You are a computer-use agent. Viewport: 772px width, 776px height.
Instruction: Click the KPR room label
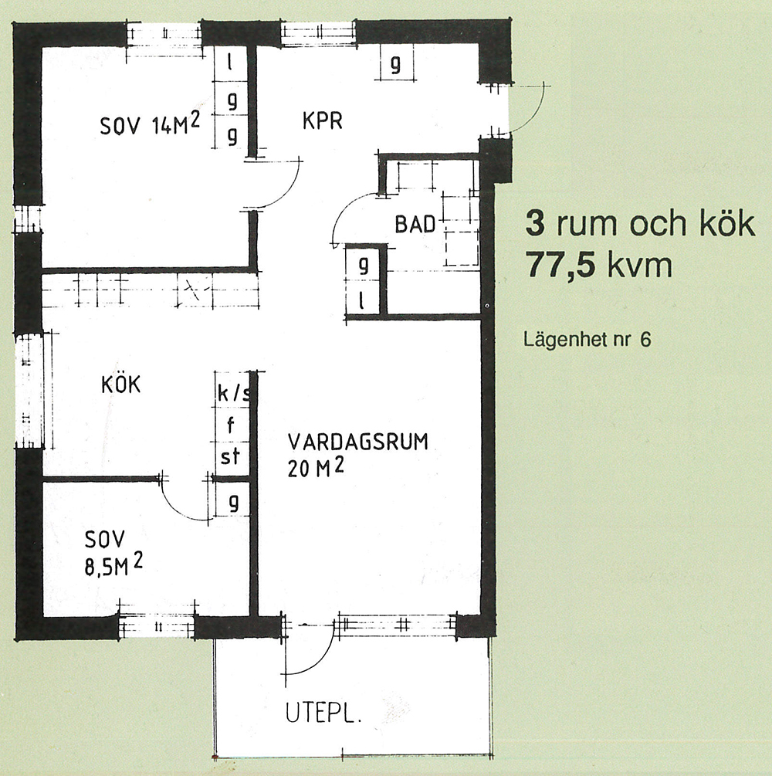pos(322,121)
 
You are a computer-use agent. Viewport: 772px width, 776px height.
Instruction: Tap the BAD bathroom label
pos(415,224)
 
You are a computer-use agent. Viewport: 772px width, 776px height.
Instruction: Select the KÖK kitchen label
pos(120,384)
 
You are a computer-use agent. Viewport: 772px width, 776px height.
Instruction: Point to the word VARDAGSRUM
pos(357,442)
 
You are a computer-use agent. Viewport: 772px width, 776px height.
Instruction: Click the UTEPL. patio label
pos(323,713)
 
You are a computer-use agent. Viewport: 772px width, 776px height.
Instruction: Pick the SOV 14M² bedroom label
pos(150,124)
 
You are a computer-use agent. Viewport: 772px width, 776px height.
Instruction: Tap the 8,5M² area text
pos(113,564)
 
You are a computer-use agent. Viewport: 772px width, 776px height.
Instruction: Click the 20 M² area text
pos(315,468)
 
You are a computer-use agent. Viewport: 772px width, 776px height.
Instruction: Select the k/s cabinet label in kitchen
pos(234,393)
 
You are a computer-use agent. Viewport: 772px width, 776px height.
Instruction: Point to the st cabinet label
pos(230,456)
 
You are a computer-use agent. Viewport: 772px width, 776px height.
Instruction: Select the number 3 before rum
pos(535,223)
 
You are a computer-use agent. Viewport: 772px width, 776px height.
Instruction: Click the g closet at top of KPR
pos(395,63)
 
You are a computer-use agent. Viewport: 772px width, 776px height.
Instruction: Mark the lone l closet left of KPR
pos(229,63)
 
